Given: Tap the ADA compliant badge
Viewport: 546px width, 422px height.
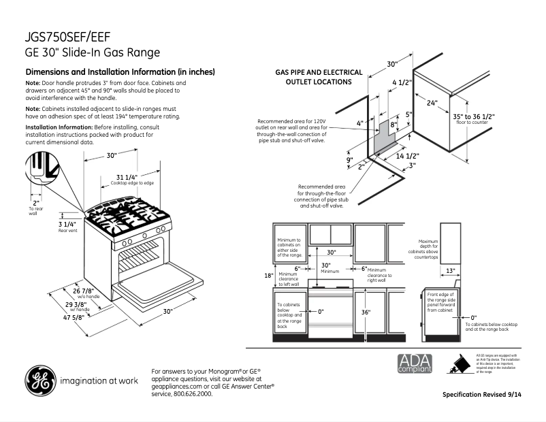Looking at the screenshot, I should (x=415, y=363).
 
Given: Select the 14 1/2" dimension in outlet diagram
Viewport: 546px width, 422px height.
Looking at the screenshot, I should (x=408, y=156).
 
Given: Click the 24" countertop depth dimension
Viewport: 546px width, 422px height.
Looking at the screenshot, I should (x=432, y=104).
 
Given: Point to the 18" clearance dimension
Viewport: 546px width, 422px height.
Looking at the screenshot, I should (x=268, y=276).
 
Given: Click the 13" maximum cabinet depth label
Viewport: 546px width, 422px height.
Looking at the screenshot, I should (x=450, y=271).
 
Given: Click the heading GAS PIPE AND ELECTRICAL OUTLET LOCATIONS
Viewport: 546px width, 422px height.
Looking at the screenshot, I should (x=313, y=76).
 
